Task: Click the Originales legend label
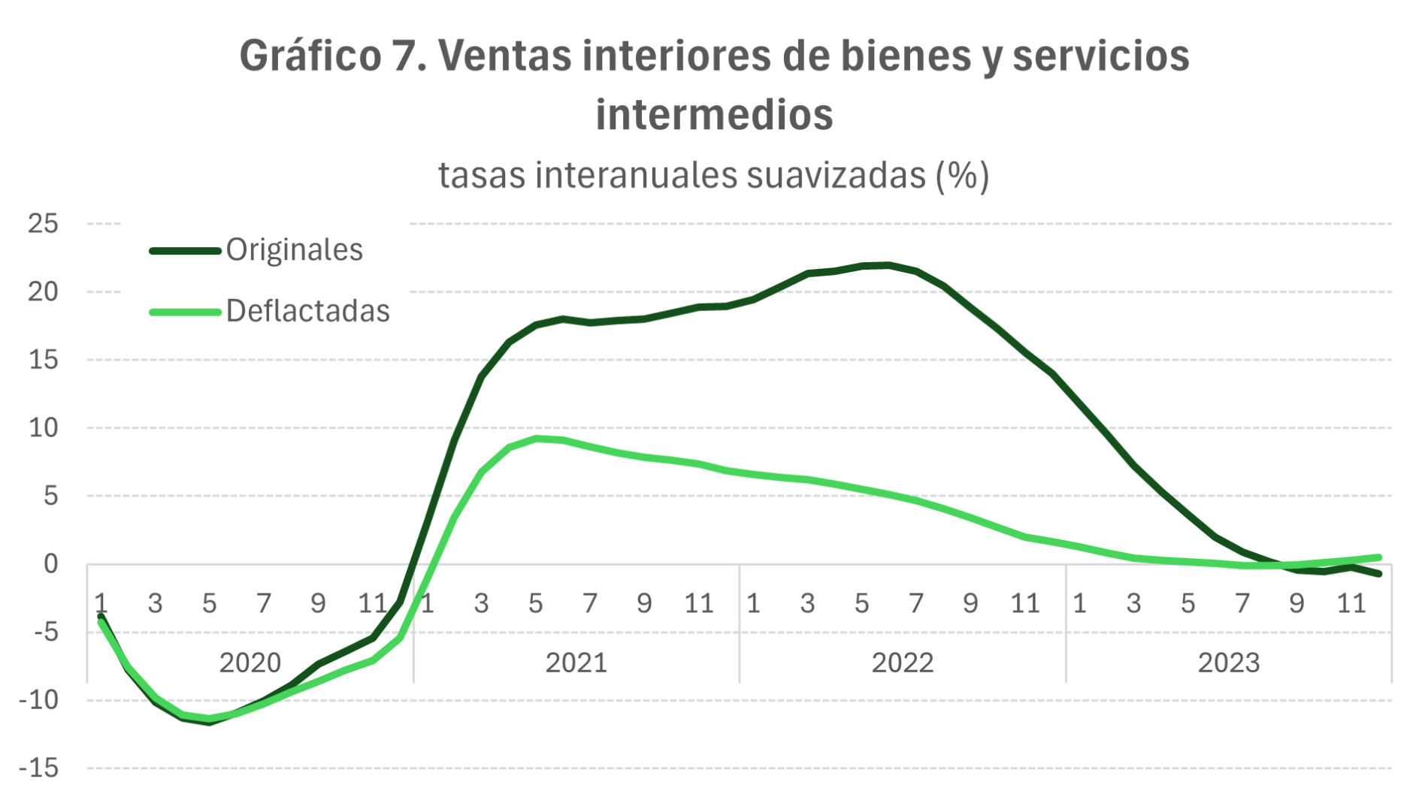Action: tap(294, 250)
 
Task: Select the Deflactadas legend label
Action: tap(307, 311)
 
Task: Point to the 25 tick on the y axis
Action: tap(43, 223)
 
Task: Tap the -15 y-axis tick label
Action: tap(38, 768)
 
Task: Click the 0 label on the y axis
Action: tap(50, 563)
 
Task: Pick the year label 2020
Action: tap(250, 663)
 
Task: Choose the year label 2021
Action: tap(576, 663)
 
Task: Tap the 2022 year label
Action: tap(902, 663)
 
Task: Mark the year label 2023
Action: tap(1228, 663)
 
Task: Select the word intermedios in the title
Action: tap(714, 115)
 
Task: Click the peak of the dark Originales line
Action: tap(889, 265)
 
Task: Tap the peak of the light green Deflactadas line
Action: tap(536, 439)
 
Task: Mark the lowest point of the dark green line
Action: tap(210, 722)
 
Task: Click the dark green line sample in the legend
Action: tap(185, 251)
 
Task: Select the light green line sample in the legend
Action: tap(185, 312)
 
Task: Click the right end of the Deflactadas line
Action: tap(1378, 557)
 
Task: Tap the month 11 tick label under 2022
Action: tap(1024, 603)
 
